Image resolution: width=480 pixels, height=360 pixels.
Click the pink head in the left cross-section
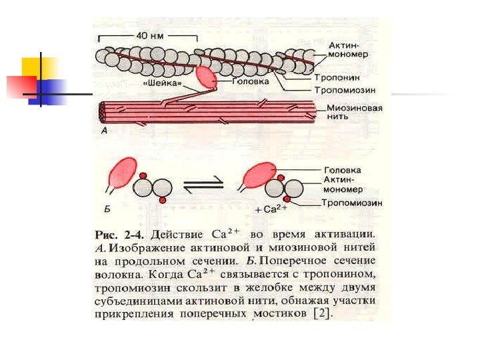[x=122, y=174]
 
